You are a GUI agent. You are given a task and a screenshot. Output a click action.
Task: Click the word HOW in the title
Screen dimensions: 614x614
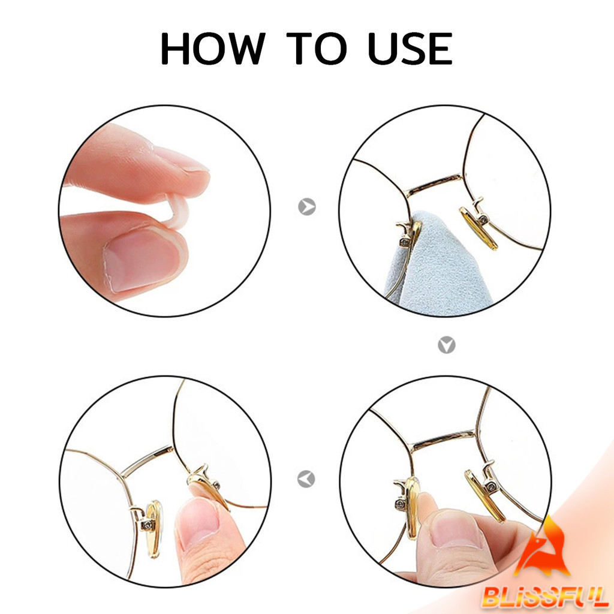point(213,49)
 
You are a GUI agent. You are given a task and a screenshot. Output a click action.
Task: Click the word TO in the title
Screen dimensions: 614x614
point(317,49)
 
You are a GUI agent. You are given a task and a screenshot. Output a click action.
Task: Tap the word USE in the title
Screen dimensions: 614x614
point(410,49)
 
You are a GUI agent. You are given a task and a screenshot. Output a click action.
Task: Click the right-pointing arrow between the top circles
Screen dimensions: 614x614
point(306,207)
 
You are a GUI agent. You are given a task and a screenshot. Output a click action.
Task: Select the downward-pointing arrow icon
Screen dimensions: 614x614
point(446,345)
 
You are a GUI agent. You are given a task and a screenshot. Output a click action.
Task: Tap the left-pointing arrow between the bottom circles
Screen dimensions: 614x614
point(306,479)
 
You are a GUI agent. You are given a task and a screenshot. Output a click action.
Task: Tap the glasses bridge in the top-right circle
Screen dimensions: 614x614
point(434,185)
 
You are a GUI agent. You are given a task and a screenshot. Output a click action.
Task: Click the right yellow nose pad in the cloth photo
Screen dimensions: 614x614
point(478,228)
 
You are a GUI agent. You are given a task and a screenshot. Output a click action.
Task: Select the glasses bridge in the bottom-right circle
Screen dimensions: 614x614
point(443,440)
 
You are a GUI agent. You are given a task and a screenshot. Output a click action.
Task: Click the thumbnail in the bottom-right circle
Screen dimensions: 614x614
point(456,529)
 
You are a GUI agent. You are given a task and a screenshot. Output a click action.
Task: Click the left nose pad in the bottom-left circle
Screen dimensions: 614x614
point(154,529)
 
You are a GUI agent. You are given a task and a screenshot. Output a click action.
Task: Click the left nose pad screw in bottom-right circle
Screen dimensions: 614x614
point(400,504)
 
